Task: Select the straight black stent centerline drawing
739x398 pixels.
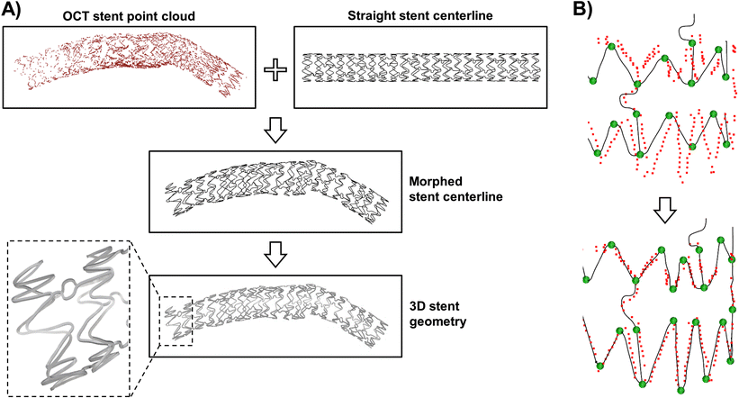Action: click(x=423, y=68)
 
